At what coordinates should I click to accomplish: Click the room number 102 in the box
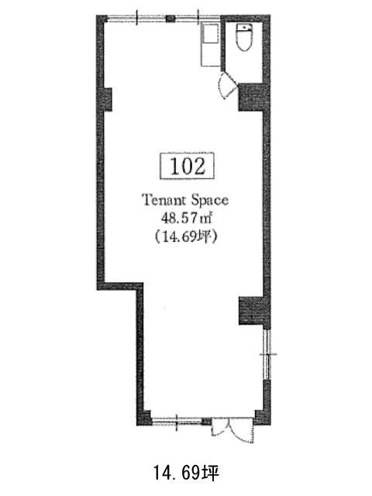pos(188,166)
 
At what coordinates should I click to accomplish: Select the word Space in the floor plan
pos(209,201)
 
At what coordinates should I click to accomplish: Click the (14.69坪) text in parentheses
pos(185,236)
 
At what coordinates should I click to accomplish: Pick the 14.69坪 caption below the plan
pos(186,473)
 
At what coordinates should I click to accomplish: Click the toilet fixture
pos(245,37)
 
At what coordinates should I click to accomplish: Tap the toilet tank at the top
pos(245,28)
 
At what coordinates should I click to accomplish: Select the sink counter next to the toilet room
pos(210,45)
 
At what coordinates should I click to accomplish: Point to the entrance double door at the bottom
pos(232,429)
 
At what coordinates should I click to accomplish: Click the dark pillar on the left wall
pos(108,99)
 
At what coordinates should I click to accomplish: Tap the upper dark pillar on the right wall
pos(251,97)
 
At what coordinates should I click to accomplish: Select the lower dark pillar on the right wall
pos(251,311)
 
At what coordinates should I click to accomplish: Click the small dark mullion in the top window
pos(170,19)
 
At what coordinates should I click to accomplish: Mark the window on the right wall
pos(267,355)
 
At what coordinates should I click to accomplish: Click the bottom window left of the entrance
pos(177,421)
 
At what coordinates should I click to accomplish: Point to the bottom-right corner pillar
pos(262,417)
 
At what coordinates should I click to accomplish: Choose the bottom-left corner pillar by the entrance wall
pos(144,418)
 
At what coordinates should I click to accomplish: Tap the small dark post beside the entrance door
pos(207,422)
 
